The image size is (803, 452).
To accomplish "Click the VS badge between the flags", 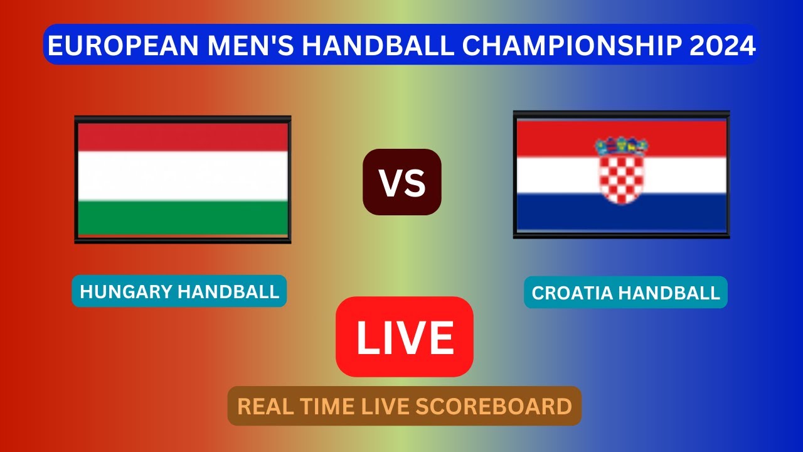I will coord(402,182).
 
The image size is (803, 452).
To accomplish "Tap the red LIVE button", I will coord(405,337).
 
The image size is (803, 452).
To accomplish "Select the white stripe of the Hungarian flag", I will coord(182,176).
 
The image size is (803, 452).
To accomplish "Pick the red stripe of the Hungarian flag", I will coord(182,137).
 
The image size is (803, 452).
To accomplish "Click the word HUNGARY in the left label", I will coord(126,291).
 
